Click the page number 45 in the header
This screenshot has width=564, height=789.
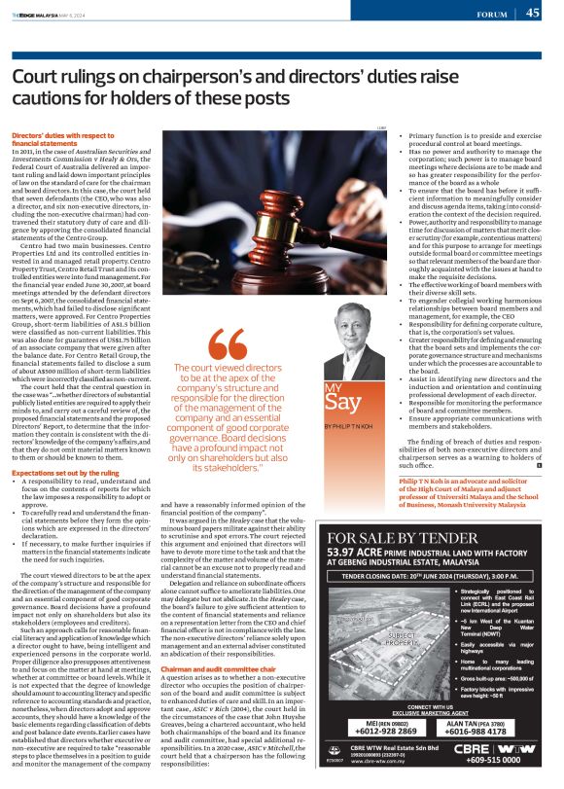(x=533, y=13)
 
